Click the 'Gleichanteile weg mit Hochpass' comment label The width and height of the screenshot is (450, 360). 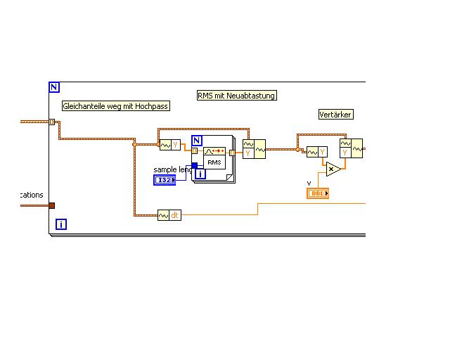point(116,106)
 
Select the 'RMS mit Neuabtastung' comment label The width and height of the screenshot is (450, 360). point(237,96)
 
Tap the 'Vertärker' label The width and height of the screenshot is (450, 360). point(335,114)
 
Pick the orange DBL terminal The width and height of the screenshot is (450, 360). point(318,193)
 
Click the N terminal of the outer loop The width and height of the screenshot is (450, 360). point(54,88)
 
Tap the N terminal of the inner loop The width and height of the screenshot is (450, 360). point(197,140)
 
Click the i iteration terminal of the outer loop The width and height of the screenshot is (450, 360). point(61,224)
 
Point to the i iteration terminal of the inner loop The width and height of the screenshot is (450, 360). point(200,173)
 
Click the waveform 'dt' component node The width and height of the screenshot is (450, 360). point(169,215)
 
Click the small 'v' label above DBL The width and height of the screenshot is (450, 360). point(309,184)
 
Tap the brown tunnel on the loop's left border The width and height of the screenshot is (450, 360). point(51,205)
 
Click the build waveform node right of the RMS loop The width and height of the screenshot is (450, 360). point(254,149)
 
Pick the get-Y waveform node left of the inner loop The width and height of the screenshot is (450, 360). point(170,146)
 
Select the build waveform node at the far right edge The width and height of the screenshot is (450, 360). point(351,148)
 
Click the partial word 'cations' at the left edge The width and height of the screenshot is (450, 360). point(32,195)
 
